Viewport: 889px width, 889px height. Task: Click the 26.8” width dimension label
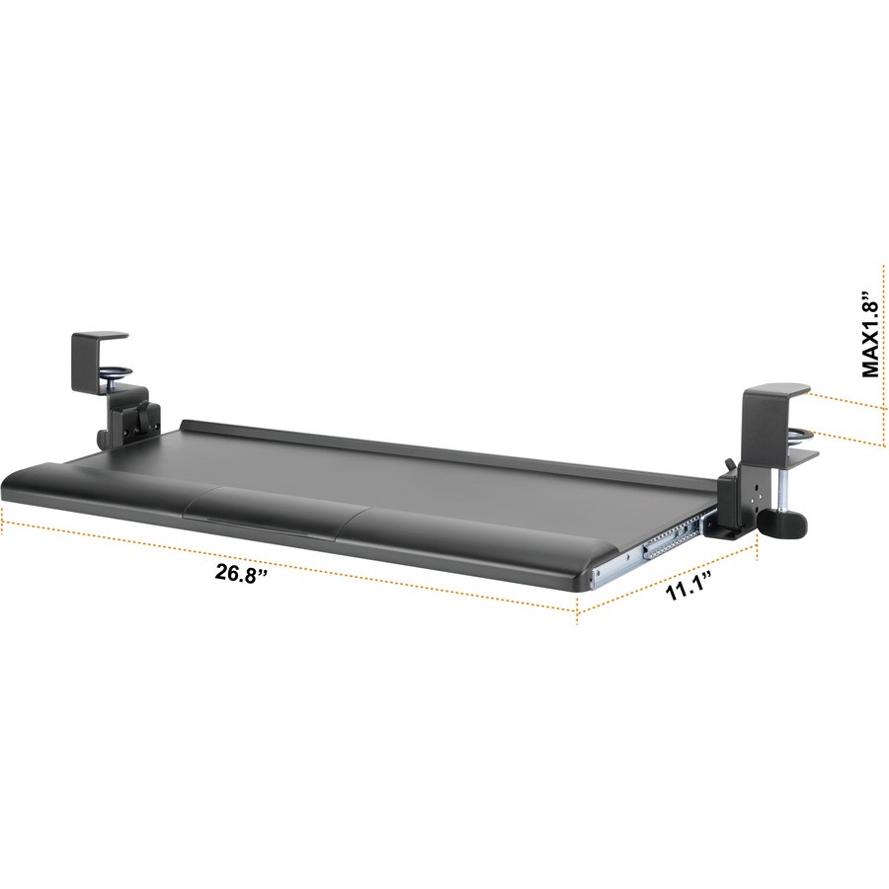tap(242, 575)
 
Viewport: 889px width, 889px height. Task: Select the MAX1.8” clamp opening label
tap(869, 334)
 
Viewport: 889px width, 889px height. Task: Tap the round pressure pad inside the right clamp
tap(802, 433)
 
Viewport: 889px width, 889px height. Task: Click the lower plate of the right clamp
tap(796, 456)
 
